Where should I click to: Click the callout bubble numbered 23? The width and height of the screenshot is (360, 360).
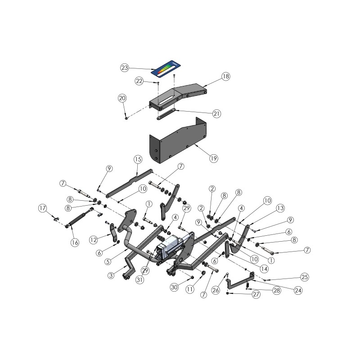125,67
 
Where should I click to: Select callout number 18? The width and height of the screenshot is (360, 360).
225,76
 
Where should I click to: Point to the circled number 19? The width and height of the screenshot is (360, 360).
213,158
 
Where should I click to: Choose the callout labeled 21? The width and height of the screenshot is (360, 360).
216,114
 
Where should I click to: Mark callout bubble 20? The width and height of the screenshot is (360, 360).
122,98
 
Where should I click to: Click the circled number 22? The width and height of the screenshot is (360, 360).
139,81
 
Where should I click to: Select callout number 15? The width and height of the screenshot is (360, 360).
138,159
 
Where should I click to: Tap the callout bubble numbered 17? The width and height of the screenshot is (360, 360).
43,208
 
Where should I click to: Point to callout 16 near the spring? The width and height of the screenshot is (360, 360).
75,242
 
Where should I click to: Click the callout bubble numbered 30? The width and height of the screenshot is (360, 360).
175,287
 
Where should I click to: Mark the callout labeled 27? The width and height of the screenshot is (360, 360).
256,295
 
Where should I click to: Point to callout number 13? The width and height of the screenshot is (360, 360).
280,208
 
